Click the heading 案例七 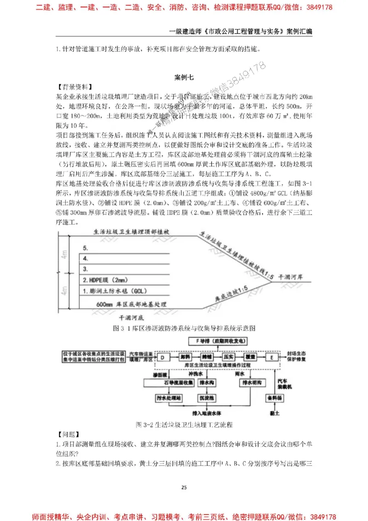pyautogui.click(x=184, y=77)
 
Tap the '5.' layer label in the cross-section pyautogui.click(x=86, y=248)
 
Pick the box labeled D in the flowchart pyautogui.click(x=162, y=356)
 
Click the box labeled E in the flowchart pyautogui.click(x=272, y=357)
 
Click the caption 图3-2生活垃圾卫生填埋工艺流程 pyautogui.click(x=184, y=423)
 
